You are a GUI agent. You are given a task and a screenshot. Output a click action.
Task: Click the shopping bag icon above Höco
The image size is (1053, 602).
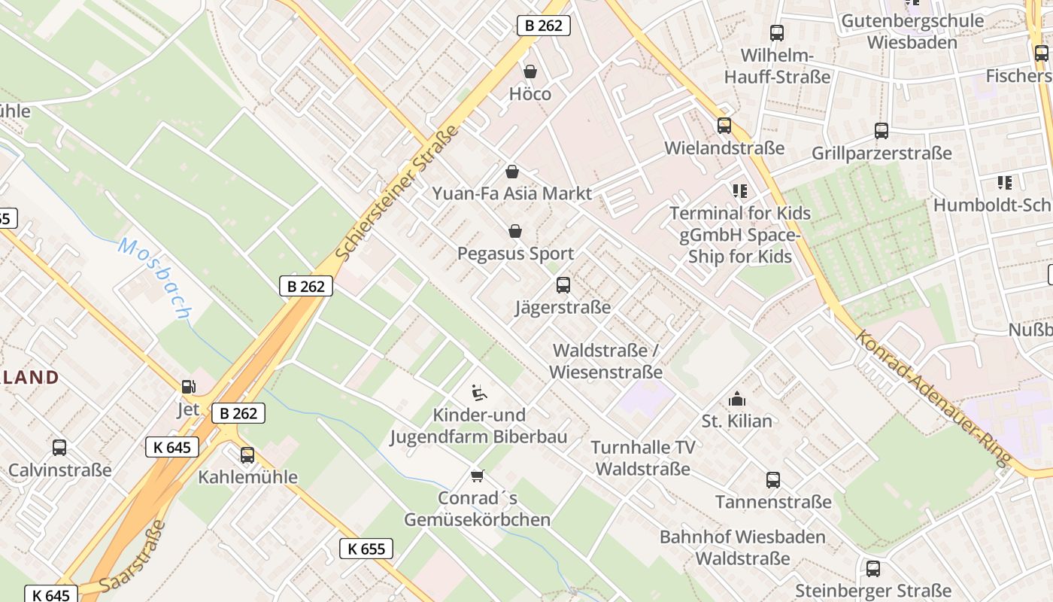tap(530, 71)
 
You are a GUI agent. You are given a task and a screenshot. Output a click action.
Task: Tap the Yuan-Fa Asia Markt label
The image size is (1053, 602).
tap(511, 193)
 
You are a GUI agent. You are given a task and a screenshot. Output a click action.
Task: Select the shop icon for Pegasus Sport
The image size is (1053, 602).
tap(515, 231)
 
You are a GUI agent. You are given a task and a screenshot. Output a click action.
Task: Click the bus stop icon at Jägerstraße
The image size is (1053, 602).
tap(563, 285)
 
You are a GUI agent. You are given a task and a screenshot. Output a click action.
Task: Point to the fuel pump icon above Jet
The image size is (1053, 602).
tap(188, 387)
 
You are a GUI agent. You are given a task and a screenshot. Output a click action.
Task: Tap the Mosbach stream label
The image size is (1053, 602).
tap(154, 278)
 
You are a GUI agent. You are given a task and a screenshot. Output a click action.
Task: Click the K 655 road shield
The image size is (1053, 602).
tap(366, 549)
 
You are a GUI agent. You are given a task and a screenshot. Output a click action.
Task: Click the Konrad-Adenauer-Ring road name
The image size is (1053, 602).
tap(933, 400)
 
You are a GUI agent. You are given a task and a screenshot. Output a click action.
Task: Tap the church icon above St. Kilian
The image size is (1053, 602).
tap(736, 399)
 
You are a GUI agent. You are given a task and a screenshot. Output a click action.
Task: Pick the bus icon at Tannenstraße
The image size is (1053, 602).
tap(773, 480)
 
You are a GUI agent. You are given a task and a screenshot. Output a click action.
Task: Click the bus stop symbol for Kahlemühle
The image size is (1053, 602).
tap(247, 455)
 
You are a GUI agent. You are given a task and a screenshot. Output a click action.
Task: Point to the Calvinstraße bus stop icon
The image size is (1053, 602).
tap(59, 448)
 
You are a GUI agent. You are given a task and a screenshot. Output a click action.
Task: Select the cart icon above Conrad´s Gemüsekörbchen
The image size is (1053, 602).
tap(477, 476)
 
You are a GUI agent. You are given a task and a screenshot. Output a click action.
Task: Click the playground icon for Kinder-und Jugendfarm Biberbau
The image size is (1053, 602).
tap(478, 392)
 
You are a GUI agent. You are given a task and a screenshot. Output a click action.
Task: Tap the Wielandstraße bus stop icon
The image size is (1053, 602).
tap(724, 126)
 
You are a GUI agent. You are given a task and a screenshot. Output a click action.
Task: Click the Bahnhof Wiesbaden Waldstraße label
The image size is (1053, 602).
tap(742, 548)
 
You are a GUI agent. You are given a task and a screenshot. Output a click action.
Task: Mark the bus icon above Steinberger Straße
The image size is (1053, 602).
tap(873, 569)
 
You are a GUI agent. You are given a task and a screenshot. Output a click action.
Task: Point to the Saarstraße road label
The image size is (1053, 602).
tap(132, 556)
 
